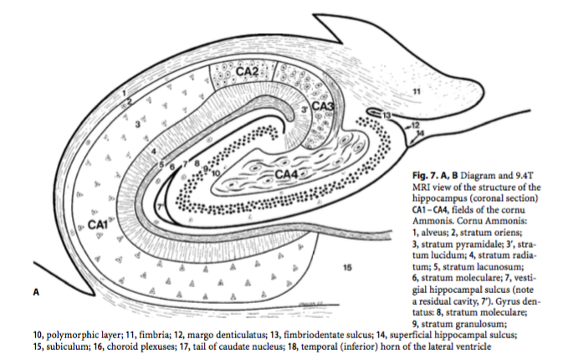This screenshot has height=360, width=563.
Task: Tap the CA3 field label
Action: (323, 106)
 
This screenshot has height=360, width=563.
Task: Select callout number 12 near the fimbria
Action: (416, 125)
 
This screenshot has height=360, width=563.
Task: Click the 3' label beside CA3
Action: (305, 109)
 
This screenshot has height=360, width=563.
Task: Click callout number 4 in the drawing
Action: (153, 152)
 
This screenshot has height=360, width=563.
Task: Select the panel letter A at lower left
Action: (36, 292)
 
